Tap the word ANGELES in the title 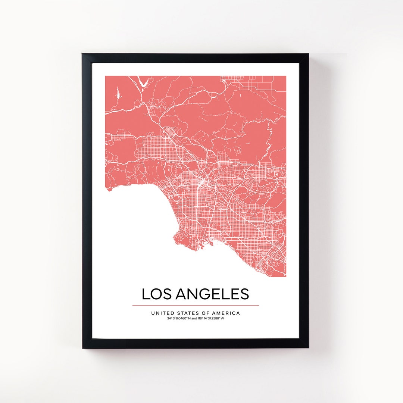click(212, 294)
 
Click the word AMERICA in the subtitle click(227, 313)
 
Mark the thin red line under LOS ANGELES click(196, 305)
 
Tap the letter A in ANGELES click(181, 294)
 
